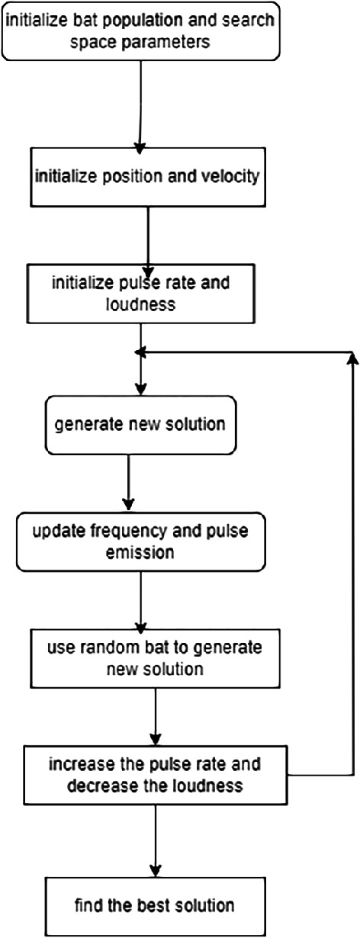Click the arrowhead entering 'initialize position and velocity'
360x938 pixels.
pos(140,144)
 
